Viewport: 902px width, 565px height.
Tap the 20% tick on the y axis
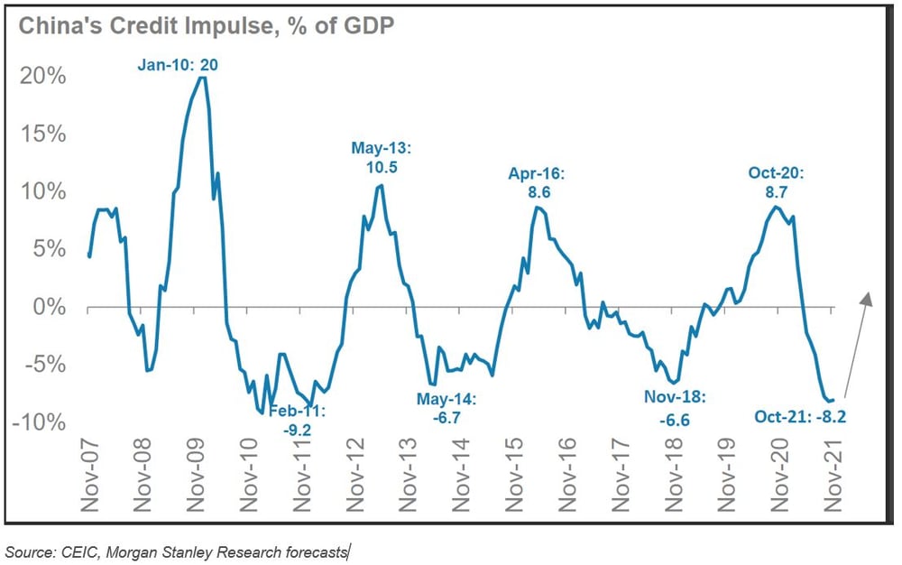coord(42,76)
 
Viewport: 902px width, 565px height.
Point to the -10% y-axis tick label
coord(40,423)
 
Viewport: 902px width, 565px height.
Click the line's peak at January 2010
coord(202,78)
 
